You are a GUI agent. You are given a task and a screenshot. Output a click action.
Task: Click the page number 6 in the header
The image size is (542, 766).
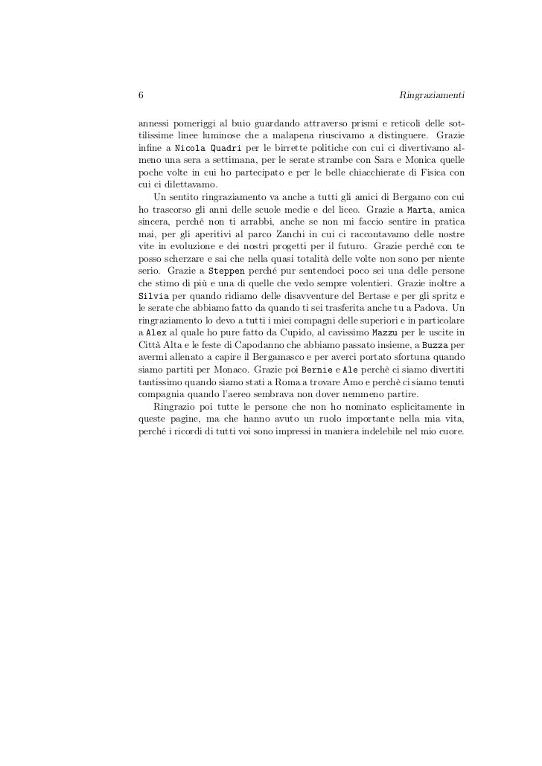[141, 95]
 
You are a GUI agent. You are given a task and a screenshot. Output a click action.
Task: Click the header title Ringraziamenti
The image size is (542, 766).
[433, 95]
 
